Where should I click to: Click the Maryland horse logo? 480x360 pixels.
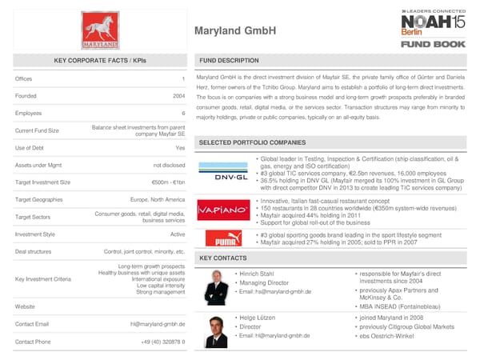tap(100, 30)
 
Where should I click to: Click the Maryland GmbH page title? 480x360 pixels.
tap(235, 31)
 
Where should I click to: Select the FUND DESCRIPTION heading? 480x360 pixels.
tap(228, 61)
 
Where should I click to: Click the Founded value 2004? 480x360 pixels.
tap(178, 96)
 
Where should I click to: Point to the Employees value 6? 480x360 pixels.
tap(183, 114)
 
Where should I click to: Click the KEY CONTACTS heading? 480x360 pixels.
tap(222, 258)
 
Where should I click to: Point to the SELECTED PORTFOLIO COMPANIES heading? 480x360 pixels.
tap(252, 142)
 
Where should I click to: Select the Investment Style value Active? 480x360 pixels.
tap(178, 234)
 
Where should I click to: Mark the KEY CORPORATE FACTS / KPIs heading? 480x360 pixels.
tap(100, 61)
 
